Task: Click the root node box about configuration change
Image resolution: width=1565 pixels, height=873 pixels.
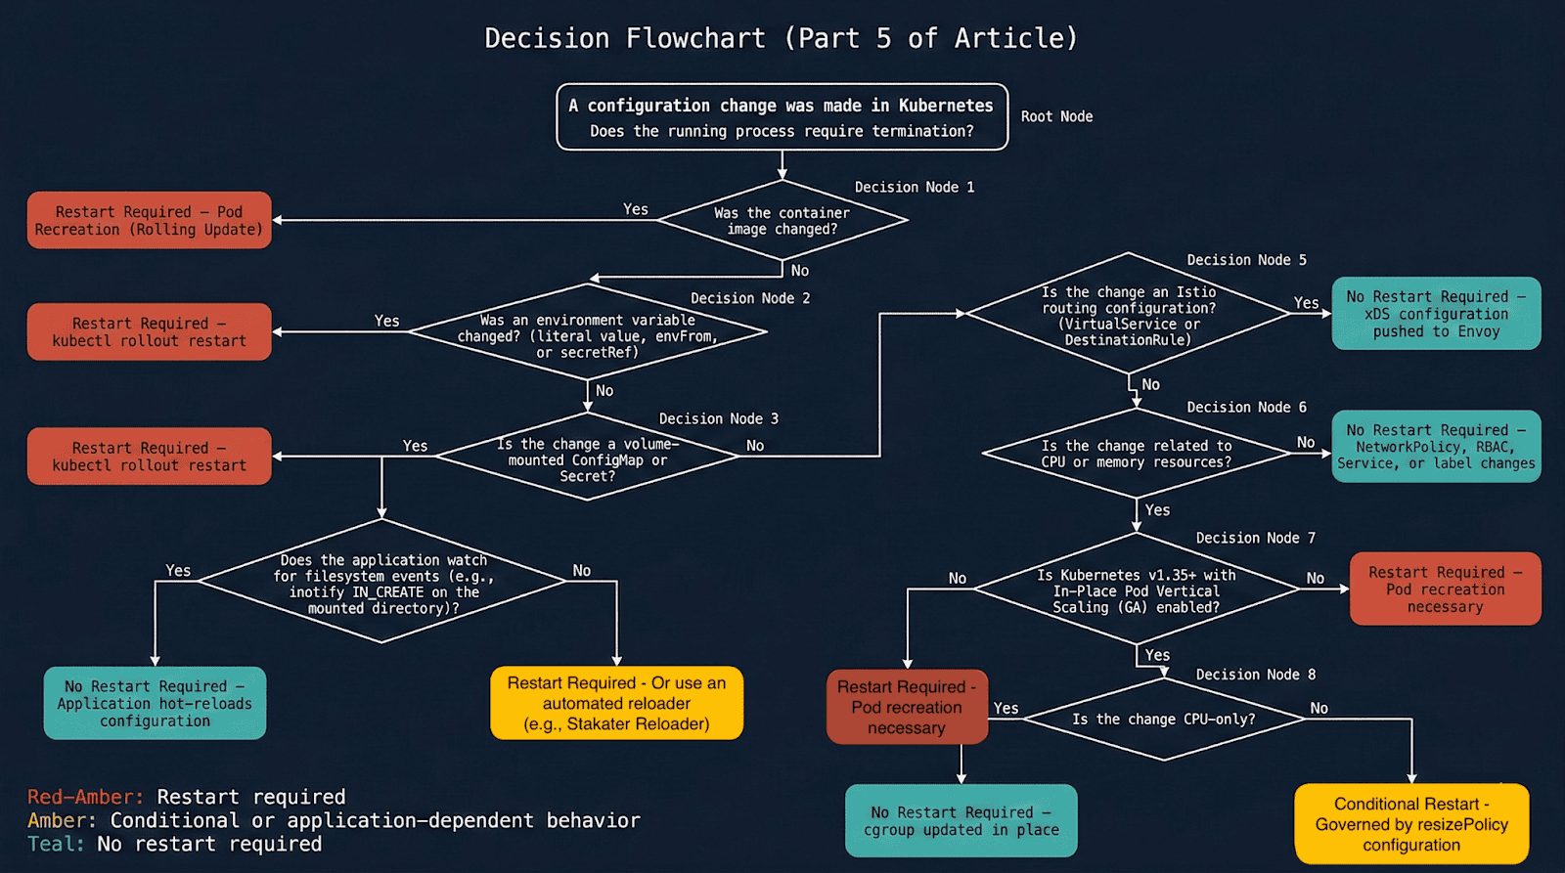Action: (x=782, y=117)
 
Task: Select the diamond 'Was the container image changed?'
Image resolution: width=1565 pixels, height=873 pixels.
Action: (x=782, y=221)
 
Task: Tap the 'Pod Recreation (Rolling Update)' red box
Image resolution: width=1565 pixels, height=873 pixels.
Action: (x=149, y=220)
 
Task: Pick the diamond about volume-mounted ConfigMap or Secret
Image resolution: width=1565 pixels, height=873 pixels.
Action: (x=587, y=458)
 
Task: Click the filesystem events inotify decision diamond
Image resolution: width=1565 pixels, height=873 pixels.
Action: (x=382, y=584)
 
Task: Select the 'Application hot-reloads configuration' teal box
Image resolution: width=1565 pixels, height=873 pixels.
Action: (x=155, y=703)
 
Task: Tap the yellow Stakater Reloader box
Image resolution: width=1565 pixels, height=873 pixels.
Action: (x=616, y=703)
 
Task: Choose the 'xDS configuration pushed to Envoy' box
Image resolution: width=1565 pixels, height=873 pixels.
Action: (x=1435, y=314)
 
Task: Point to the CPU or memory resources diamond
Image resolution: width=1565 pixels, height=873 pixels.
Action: (x=1136, y=454)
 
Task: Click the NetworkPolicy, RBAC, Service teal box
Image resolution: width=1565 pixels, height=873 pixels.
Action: (x=1435, y=447)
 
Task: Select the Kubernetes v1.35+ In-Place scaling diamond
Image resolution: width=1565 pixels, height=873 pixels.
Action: (x=1136, y=590)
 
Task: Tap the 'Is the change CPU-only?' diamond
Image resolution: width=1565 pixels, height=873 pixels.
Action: (x=1163, y=720)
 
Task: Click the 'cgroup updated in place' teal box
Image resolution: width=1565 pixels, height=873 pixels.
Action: (x=961, y=820)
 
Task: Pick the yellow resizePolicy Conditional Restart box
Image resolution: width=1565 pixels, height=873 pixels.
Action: (x=1410, y=823)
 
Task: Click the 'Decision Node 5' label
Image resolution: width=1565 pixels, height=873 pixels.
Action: (x=1246, y=260)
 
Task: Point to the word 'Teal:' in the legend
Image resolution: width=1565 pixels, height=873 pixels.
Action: (x=56, y=844)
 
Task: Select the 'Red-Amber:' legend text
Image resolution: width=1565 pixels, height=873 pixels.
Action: (x=85, y=797)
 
